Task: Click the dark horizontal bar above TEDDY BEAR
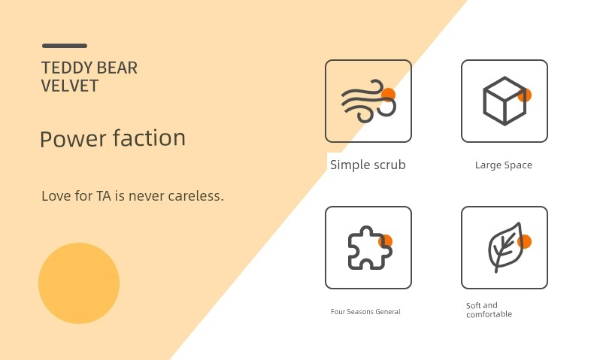pos(65,46)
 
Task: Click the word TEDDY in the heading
pos(62,68)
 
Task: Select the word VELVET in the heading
pos(70,86)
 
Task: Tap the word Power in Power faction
pos(73,138)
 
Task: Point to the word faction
pos(150,138)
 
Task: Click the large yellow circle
pos(79,283)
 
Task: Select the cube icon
pos(505,101)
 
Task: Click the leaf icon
pos(506,247)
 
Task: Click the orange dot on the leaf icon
pos(525,241)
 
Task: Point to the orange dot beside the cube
pos(525,95)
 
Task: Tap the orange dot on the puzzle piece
pos(386,241)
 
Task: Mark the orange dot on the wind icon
pos(388,95)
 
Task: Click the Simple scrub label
pos(368,165)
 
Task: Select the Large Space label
pos(504,165)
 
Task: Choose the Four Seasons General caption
pos(365,312)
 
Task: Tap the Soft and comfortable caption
pos(489,310)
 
